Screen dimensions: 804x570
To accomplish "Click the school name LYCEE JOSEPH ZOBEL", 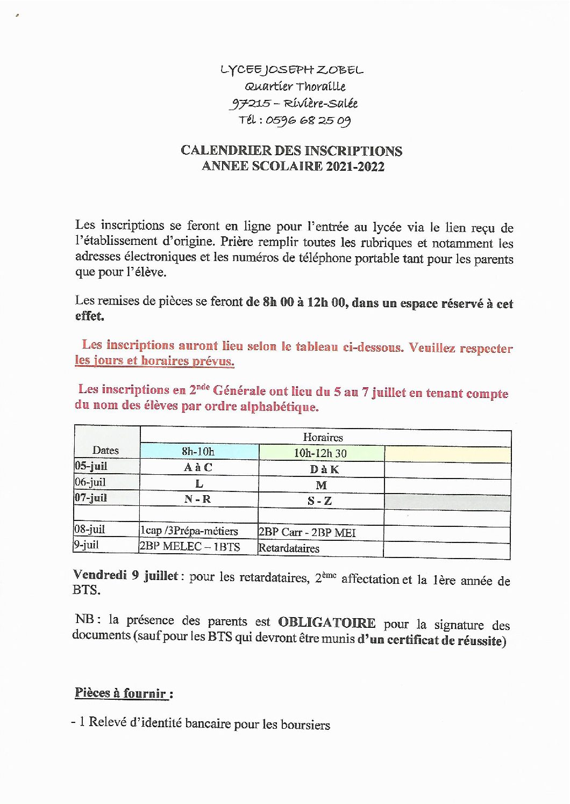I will point(291,70).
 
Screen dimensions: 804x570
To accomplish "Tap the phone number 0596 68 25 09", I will point(308,120).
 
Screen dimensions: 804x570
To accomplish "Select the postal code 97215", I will point(250,103).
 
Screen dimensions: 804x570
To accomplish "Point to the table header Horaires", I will point(323,437).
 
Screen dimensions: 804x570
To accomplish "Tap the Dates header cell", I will point(105,450).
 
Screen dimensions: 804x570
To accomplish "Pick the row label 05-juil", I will point(91,466).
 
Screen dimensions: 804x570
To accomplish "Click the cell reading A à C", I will point(198,467).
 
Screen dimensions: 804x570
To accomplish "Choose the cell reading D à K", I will point(324,469).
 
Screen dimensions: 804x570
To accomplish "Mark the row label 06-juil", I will point(90,482).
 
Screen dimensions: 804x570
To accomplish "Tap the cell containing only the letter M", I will point(321,485).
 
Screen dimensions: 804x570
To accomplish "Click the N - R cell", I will point(197,499).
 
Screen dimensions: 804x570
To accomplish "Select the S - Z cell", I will point(319,501).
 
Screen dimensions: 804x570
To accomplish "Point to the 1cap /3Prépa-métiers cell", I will point(189,531).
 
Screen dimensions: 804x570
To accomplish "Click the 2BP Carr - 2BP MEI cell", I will point(307,532).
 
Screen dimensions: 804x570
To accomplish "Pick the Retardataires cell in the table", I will point(289,548).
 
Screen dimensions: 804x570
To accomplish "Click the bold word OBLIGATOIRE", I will point(326,622).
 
